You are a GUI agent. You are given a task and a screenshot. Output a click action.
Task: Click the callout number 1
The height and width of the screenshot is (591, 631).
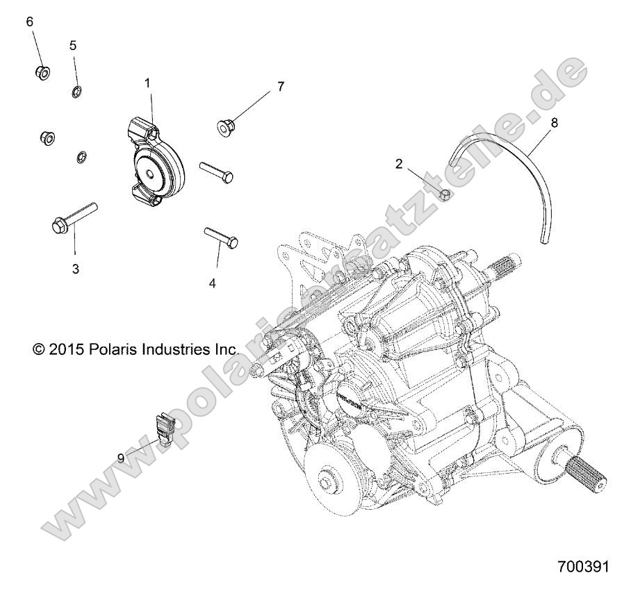147,83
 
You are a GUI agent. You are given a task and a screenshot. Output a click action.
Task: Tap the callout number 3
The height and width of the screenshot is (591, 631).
76,268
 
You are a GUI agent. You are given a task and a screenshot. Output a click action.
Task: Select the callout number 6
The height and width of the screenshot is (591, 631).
30,22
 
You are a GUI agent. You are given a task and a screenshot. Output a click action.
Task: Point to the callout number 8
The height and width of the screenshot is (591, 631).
573,122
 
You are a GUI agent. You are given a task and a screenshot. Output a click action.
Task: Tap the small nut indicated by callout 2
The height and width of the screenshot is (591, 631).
448,197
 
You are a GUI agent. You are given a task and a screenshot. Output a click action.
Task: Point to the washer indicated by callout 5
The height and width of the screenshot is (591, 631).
76,91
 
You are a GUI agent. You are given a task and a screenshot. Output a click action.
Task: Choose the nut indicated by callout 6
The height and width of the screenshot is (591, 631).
42,72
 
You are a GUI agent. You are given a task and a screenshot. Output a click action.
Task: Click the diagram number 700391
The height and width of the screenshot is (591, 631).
583,567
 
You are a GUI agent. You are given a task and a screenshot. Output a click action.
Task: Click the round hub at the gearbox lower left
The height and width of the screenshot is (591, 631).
327,481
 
